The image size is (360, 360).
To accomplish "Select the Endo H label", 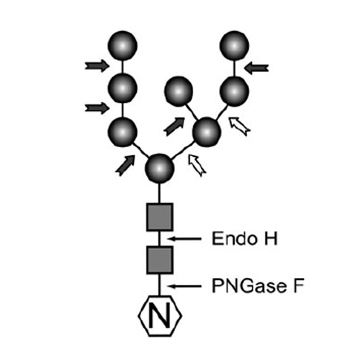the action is tap(245, 238).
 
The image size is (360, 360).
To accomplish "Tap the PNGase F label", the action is tap(258, 286).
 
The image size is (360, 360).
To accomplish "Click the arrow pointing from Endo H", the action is tap(184, 238).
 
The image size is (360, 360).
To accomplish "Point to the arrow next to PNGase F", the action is tap(184, 286).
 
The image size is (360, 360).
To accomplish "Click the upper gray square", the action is tap(160, 217).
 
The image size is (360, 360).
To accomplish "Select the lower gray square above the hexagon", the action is tap(160, 260).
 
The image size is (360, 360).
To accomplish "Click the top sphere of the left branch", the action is tap(122, 45).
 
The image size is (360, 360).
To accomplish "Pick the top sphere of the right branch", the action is tap(234, 45).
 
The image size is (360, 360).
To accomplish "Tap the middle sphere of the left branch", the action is tap(122, 88).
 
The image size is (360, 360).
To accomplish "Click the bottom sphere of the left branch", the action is tap(122, 132).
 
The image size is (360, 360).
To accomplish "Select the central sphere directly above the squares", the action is tap(159, 168).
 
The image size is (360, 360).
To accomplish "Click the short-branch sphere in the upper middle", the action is tap(179, 91).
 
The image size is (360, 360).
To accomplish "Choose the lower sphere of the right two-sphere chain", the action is tap(234, 91).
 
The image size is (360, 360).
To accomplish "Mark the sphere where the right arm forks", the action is tap(207, 132).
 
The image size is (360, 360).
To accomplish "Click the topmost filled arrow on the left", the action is tap(97, 66).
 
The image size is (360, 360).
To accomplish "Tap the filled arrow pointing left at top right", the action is tap(256, 68).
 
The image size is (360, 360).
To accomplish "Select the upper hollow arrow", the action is tap(240, 126).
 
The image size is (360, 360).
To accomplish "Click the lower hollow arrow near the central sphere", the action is tap(197, 166).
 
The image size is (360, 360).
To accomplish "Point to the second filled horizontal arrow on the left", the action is tap(97, 108).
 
